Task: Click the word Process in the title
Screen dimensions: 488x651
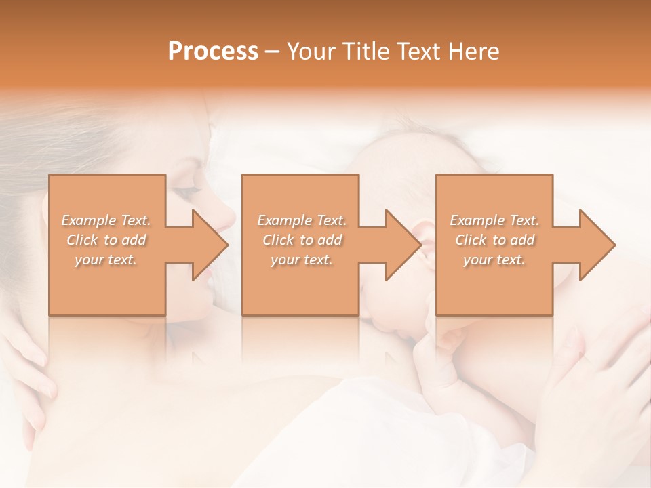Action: point(213,52)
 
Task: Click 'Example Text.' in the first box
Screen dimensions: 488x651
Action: point(106,220)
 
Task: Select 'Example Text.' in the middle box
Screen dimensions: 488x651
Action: point(301,220)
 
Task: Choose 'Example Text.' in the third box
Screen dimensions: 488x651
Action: point(494,220)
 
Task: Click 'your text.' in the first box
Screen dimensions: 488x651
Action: point(106,260)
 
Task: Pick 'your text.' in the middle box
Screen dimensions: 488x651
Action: point(301,260)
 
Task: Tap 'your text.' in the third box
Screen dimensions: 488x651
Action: point(494,260)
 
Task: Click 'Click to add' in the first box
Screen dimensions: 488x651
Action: point(106,240)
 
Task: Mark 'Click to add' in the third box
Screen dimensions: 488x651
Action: point(494,240)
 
